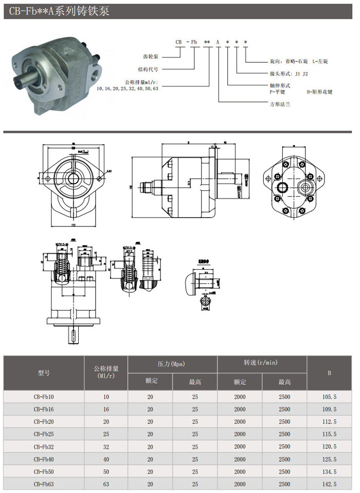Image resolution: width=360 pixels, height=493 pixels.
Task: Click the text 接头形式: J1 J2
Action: click(289, 74)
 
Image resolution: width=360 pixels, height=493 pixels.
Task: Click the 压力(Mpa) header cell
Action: click(172, 364)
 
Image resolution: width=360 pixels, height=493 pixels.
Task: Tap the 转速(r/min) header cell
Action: click(261, 363)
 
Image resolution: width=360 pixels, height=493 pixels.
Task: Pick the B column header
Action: click(329, 373)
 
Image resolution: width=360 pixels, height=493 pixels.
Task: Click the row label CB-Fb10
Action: click(44, 397)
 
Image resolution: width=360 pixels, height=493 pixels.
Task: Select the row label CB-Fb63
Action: click(44, 484)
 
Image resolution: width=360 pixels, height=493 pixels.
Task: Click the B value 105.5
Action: click(329, 397)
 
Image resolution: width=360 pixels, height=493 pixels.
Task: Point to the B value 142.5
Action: click(329, 484)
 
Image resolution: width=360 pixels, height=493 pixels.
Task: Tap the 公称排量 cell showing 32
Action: click(106, 447)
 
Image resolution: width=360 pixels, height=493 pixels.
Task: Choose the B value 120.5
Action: click(329, 447)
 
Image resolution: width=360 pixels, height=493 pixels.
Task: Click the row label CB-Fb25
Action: click(44, 434)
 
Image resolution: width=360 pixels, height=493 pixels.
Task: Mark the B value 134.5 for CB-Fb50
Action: click(329, 472)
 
